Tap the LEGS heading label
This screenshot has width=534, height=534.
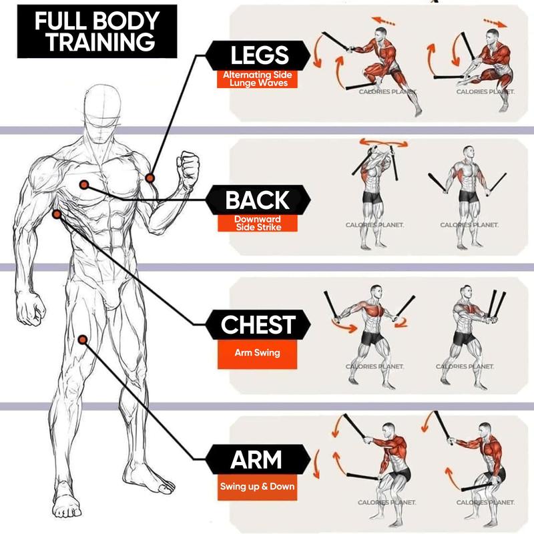(258, 55)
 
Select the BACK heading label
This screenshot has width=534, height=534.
(257, 200)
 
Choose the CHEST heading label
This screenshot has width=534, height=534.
(258, 325)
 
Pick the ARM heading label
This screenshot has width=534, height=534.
(257, 460)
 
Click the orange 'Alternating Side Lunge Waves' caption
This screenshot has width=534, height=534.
(257, 79)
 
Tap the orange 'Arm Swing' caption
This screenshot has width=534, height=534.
(257, 352)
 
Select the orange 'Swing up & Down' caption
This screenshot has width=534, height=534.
(257, 486)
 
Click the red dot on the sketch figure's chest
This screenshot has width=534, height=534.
(84, 184)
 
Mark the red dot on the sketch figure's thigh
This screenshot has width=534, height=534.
(83, 339)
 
